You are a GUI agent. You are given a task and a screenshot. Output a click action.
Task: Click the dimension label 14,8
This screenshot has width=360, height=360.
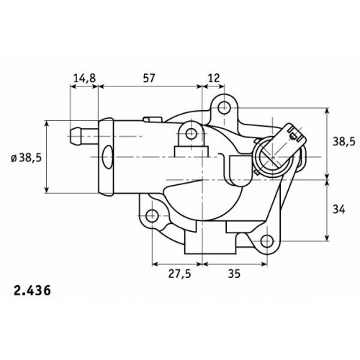pyautogui.click(x=84, y=78)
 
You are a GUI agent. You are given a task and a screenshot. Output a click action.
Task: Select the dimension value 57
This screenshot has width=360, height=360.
pyautogui.click(x=149, y=78)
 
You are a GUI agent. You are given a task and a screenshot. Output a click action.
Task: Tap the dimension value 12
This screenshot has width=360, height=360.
pyautogui.click(x=213, y=78)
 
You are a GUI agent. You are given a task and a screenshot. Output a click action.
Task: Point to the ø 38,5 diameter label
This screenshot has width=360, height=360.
pyautogui.click(x=27, y=158)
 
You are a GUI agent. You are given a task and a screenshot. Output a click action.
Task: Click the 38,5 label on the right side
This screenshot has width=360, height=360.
pyautogui.click(x=343, y=142)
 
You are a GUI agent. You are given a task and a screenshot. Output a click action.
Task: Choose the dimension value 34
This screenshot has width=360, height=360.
pyautogui.click(x=339, y=210)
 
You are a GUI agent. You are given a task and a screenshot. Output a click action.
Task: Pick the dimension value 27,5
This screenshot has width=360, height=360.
pyautogui.click(x=179, y=274)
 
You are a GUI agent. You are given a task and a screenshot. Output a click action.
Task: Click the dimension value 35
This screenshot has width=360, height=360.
pyautogui.click(x=234, y=274)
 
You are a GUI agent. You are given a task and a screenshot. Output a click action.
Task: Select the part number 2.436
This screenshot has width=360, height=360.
pyautogui.click(x=32, y=291)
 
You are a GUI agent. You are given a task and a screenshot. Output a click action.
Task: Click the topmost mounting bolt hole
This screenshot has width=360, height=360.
pyautogui.click(x=224, y=107)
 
